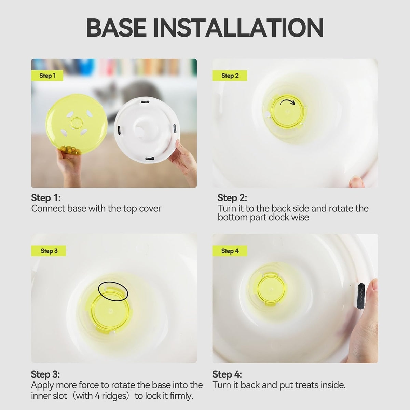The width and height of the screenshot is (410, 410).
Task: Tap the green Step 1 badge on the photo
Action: click(x=47, y=76)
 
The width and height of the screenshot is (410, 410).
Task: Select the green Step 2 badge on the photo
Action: click(x=230, y=76)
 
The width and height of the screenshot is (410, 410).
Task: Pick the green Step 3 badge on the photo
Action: click(x=49, y=251)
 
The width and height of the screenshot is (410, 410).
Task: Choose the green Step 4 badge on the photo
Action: click(x=230, y=251)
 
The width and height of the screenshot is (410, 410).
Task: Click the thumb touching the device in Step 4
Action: click(x=372, y=291)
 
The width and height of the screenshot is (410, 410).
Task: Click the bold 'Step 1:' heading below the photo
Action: click(x=46, y=198)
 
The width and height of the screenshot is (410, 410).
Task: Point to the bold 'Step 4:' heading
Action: click(x=227, y=374)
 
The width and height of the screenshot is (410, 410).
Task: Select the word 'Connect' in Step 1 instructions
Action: click(x=48, y=208)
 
